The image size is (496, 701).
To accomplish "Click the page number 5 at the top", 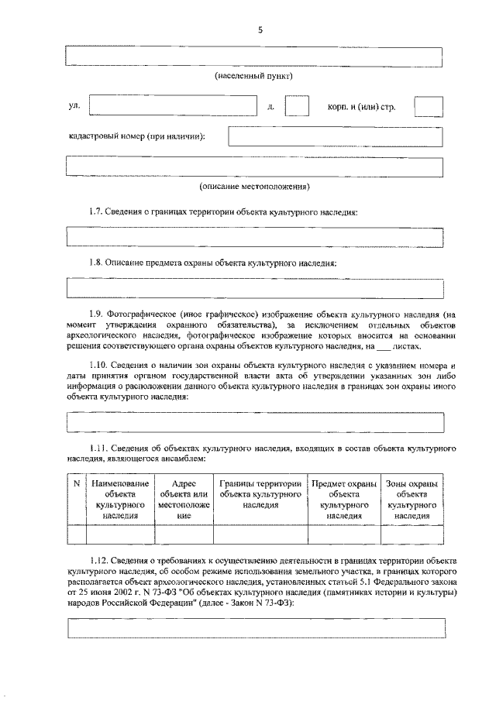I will click(x=260, y=29).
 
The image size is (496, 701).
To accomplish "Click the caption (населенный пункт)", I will click(x=254, y=77).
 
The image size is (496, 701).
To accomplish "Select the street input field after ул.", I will click(x=173, y=106).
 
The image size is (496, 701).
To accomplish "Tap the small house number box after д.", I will click(x=297, y=106).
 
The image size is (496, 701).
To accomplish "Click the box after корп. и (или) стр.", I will click(x=429, y=106).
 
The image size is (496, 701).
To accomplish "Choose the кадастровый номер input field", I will click(x=335, y=136).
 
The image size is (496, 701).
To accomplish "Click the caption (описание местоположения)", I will click(x=254, y=187).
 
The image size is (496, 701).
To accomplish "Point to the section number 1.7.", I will click(x=95, y=211).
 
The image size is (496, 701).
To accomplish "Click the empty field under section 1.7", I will click(x=255, y=238).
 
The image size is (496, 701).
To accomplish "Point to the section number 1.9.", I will click(x=95, y=313).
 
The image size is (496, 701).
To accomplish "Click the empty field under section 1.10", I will click(x=255, y=422).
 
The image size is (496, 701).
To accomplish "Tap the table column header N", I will click(x=76, y=484).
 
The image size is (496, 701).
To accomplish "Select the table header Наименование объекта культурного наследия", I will click(x=120, y=499).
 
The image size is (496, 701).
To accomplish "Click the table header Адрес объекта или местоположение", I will click(x=184, y=499).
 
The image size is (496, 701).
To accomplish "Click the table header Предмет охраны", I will click(x=344, y=499).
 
